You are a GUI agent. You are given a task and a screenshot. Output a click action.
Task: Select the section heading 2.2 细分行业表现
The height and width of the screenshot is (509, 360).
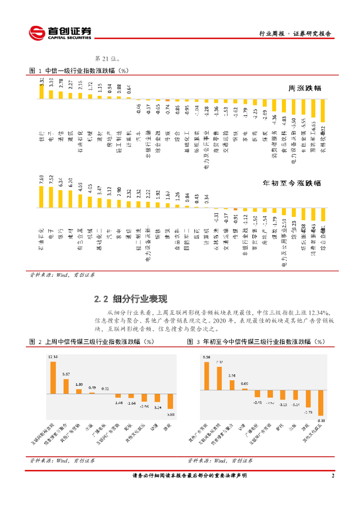130,299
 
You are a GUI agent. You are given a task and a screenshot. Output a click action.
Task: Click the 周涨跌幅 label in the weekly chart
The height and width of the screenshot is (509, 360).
305,88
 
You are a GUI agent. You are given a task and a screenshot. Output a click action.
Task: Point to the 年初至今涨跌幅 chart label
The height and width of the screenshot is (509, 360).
292,183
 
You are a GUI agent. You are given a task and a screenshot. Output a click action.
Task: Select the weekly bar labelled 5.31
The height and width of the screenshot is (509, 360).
42,91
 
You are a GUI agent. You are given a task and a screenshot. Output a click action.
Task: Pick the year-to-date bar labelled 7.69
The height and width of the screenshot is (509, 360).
42,196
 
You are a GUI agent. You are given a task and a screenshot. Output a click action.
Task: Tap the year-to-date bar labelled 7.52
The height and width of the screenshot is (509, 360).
51,196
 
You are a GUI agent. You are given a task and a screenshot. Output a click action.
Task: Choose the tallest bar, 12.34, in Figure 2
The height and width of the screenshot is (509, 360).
53,377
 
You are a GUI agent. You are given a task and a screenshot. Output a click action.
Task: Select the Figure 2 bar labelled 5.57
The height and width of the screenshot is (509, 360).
66,386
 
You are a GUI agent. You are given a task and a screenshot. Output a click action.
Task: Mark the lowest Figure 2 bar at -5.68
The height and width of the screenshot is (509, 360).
170,401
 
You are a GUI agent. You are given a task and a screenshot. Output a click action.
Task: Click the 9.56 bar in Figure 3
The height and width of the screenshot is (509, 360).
207,375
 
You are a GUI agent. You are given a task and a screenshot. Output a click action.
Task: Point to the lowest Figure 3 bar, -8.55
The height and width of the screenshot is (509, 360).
321,402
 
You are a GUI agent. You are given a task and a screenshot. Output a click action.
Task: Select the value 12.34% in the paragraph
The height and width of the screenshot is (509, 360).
319,312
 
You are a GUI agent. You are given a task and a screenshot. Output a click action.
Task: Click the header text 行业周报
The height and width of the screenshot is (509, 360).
272,34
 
